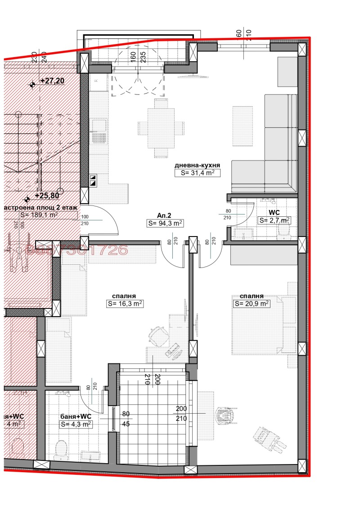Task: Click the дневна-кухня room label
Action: tap(197, 165)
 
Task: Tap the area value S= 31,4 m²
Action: tap(197, 173)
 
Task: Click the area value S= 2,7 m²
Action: tap(274, 220)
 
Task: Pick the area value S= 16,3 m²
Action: tap(125, 304)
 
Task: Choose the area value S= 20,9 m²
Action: tap(252, 304)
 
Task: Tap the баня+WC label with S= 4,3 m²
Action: tap(76, 416)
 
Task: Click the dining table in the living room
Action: tap(161, 128)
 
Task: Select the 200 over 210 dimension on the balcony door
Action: tap(182, 413)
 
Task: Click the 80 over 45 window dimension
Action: tap(126, 418)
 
